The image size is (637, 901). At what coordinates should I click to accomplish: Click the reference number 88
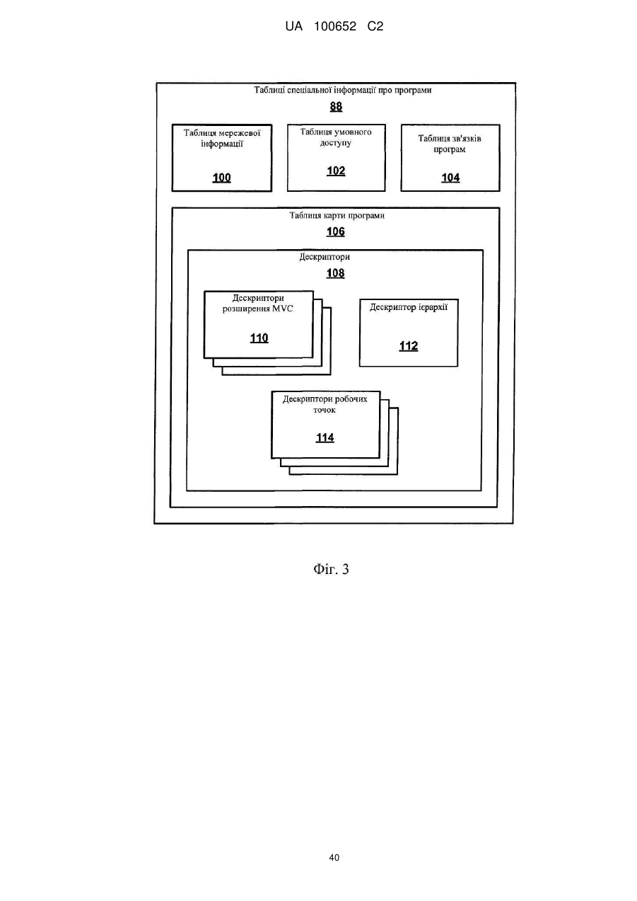(x=336, y=107)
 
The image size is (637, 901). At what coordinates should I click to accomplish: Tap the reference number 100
(x=221, y=178)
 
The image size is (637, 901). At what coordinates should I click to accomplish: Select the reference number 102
(x=336, y=171)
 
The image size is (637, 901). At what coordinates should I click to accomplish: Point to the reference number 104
(x=450, y=178)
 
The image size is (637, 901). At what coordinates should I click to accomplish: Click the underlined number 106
(x=336, y=231)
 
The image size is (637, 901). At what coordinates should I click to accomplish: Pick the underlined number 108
(x=336, y=273)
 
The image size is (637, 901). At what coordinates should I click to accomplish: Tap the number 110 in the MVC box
(x=259, y=338)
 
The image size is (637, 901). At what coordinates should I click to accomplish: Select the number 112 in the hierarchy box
(x=409, y=346)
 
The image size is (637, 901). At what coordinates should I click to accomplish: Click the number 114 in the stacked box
(x=325, y=437)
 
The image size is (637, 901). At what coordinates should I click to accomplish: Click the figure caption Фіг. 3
(x=331, y=569)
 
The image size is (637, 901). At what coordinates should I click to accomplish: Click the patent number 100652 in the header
(x=335, y=27)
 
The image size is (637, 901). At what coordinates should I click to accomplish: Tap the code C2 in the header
(x=375, y=27)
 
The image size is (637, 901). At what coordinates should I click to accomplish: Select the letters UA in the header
(x=294, y=27)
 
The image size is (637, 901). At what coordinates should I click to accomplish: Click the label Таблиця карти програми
(x=337, y=216)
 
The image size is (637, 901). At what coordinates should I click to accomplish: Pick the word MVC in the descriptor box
(x=283, y=309)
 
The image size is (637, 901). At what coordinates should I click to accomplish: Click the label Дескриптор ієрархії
(x=409, y=307)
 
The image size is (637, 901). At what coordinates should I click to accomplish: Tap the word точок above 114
(x=325, y=411)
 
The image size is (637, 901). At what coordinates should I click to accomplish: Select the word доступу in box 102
(x=336, y=143)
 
